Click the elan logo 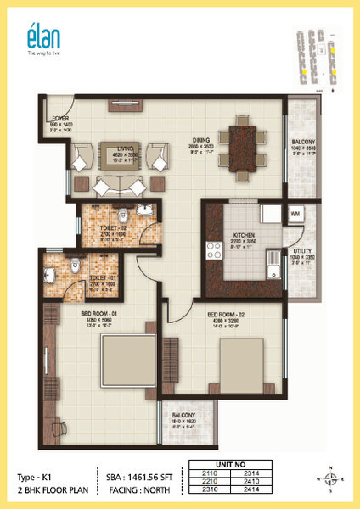click(39, 42)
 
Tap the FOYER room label click(59, 119)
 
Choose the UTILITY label click(303, 252)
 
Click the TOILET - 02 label click(112, 228)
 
